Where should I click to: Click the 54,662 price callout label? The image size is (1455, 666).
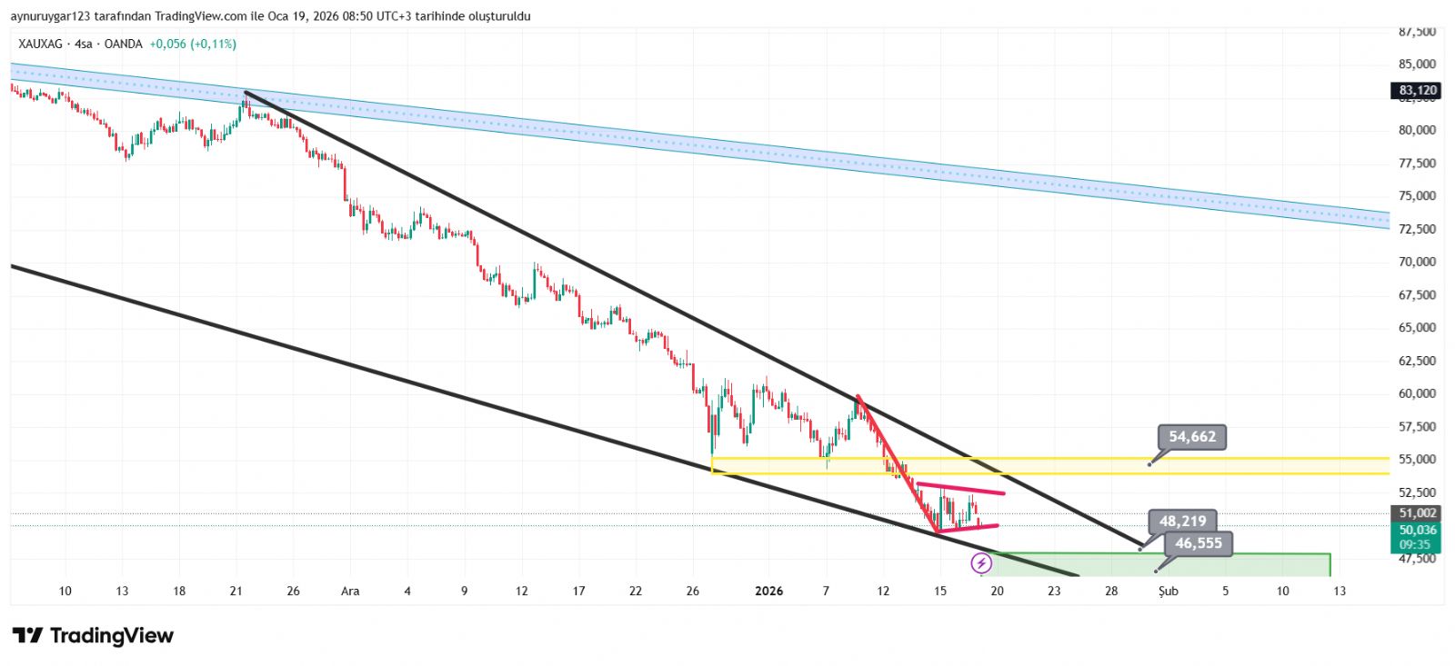[x=1192, y=437]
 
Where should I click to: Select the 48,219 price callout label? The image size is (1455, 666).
[x=1182, y=522]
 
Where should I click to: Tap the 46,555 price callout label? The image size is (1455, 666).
[x=1199, y=543]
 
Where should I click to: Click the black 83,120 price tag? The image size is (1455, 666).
[x=1418, y=90]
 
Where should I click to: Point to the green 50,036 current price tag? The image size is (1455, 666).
[x=1418, y=530]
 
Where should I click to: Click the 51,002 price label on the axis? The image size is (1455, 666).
[x=1418, y=513]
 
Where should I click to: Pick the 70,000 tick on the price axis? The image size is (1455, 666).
[x=1418, y=262]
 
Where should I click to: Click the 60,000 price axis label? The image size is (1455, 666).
[x=1418, y=393]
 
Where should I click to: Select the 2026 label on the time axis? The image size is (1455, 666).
[x=769, y=591]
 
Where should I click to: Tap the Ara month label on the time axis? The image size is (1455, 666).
[x=350, y=591]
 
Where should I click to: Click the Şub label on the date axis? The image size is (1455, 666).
[x=1168, y=591]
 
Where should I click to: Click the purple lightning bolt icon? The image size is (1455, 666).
[x=981, y=564]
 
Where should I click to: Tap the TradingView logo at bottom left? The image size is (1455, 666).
[x=93, y=635]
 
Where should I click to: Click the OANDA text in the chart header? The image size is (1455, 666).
[x=124, y=44]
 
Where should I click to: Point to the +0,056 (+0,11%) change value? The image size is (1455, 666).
[x=193, y=44]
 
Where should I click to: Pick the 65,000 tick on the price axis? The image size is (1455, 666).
[x=1418, y=327]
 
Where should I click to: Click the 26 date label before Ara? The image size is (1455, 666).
[x=293, y=591]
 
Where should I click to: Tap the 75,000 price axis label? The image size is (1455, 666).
[x=1418, y=195]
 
